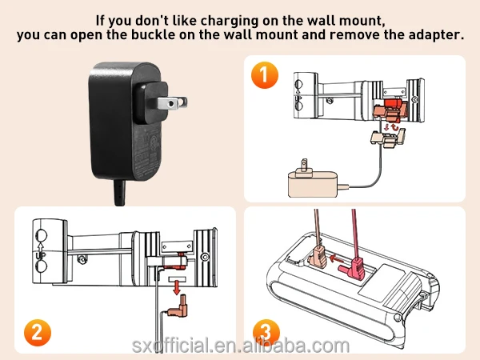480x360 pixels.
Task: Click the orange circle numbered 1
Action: pyautogui.click(x=265, y=75)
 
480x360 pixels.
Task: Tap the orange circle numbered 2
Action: pyautogui.click(x=38, y=333)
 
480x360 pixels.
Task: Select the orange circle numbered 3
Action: pyautogui.click(x=266, y=333)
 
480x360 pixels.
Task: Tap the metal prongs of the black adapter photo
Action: pyautogui.click(x=172, y=103)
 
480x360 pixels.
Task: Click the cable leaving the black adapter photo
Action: pyautogui.click(x=119, y=193)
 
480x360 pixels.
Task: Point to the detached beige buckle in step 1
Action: pyautogui.click(x=388, y=138)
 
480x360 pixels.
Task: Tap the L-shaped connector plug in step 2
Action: pyautogui.click(x=178, y=308)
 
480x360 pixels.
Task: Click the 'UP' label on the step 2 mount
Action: pyautogui.click(x=40, y=255)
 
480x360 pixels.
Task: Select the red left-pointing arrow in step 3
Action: pyautogui.click(x=337, y=259)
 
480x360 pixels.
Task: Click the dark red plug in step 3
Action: pyautogui.click(x=353, y=268)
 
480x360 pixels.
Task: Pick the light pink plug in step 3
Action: pyautogui.click(x=316, y=256)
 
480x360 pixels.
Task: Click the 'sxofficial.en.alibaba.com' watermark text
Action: pyautogui.click(x=241, y=346)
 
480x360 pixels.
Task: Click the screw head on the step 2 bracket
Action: pyautogui.click(x=81, y=260)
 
